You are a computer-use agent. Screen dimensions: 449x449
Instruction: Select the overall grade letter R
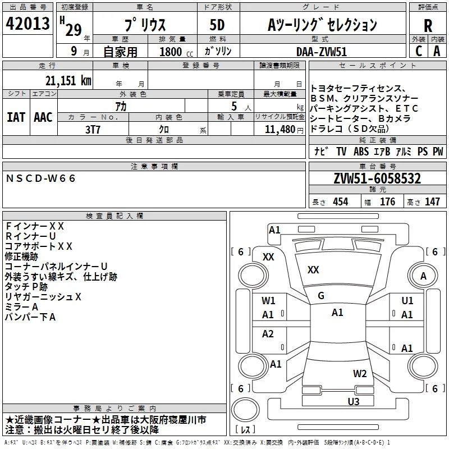(x=428, y=26)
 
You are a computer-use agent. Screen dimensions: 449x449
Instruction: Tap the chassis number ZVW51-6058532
(x=377, y=179)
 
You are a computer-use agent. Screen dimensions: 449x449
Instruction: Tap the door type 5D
(x=217, y=25)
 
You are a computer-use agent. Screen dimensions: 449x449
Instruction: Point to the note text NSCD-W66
(x=40, y=178)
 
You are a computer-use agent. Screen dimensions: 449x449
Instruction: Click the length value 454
(x=340, y=202)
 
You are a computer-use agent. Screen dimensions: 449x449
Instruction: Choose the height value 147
(x=432, y=202)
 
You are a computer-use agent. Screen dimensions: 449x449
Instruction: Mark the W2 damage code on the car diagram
(x=360, y=373)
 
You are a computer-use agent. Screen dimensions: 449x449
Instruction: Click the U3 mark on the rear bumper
(x=353, y=401)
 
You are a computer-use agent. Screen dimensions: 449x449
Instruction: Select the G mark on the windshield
(x=321, y=296)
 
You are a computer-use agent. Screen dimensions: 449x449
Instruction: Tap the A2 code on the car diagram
(x=268, y=335)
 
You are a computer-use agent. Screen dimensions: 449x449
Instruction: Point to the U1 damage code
(x=407, y=301)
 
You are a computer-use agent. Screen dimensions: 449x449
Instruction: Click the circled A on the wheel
(x=424, y=276)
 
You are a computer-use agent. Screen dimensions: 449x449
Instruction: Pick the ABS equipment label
(x=361, y=152)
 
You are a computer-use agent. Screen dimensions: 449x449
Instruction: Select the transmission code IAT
(x=16, y=117)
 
